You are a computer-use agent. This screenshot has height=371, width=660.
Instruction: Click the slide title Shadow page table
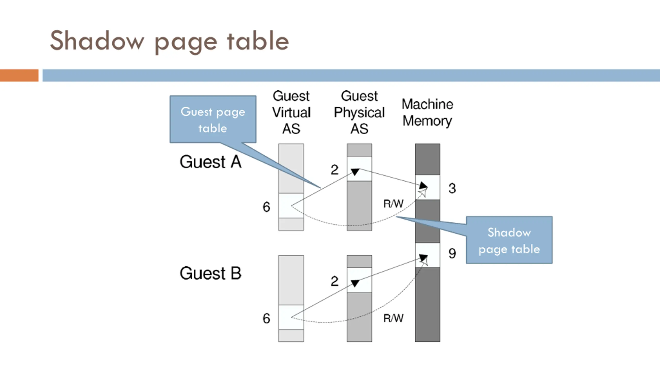pyautogui.click(x=169, y=41)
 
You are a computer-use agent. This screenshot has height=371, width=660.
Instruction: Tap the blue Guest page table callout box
pyautogui.click(x=213, y=119)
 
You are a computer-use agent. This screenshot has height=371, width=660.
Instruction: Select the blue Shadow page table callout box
pyautogui.click(x=509, y=240)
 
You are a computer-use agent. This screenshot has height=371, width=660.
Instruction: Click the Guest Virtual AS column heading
pyautogui.click(x=291, y=112)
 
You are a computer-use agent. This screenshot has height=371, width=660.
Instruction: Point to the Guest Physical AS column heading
pyautogui.click(x=359, y=112)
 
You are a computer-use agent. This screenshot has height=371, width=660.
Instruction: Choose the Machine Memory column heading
pyautogui.click(x=427, y=112)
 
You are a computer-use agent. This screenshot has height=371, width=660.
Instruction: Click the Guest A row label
pyautogui.click(x=210, y=162)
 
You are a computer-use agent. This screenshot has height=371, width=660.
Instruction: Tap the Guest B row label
pyautogui.click(x=210, y=273)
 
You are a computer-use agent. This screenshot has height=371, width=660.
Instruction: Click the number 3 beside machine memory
pyautogui.click(x=452, y=188)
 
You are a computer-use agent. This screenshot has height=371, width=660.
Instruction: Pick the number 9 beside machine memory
pyautogui.click(x=452, y=253)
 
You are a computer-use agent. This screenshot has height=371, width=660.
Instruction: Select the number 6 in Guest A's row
pyautogui.click(x=266, y=207)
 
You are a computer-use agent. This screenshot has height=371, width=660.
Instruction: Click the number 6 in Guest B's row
pyautogui.click(x=266, y=318)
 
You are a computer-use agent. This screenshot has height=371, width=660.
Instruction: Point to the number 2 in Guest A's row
pyautogui.click(x=335, y=170)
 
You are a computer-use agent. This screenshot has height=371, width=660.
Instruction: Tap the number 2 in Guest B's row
pyautogui.click(x=335, y=281)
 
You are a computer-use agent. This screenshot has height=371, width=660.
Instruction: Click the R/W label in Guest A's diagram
pyautogui.click(x=393, y=204)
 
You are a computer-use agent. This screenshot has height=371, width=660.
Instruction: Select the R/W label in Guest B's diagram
pyautogui.click(x=393, y=318)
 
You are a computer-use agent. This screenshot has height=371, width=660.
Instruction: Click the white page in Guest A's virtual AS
pyautogui.click(x=291, y=206)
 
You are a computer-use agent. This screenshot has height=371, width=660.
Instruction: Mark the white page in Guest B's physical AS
pyautogui.click(x=359, y=280)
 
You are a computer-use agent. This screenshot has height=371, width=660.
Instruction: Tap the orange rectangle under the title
pyautogui.click(x=19, y=75)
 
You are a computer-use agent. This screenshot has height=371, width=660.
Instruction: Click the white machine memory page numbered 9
pyautogui.click(x=427, y=255)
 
